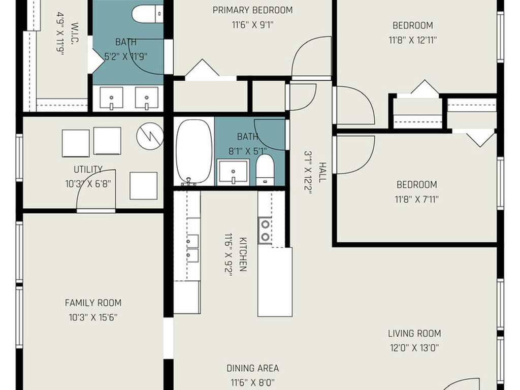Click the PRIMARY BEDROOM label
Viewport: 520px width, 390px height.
point(253,10)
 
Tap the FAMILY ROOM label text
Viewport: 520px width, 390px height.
point(93,303)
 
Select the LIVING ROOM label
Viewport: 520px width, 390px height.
point(414,333)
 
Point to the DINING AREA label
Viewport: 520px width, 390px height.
point(253,368)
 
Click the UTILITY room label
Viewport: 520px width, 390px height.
point(88,170)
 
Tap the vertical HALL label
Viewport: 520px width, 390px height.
point(322,172)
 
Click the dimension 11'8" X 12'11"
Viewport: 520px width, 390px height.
point(412,40)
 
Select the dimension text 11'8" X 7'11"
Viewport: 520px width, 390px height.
point(416,199)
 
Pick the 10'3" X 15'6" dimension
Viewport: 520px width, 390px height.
point(93,317)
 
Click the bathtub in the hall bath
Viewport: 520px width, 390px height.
point(194,151)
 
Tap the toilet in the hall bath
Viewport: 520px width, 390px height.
point(265,170)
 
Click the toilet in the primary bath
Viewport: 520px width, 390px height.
point(148,14)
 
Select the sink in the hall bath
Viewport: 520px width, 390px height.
point(233,172)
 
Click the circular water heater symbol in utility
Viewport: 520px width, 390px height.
point(150,136)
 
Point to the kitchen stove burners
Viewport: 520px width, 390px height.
point(265,231)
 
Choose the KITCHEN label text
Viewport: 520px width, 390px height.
point(243,254)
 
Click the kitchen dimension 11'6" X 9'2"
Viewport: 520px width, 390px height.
point(229,254)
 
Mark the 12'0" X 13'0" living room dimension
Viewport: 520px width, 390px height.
point(414,348)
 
